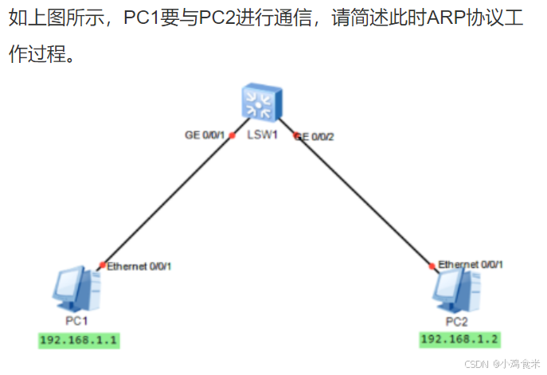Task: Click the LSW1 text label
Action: [x=262, y=135]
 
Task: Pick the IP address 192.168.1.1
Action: [x=80, y=340]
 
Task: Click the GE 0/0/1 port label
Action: [x=205, y=135]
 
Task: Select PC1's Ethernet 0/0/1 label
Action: [x=139, y=266]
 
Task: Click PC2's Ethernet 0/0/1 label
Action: [x=471, y=264]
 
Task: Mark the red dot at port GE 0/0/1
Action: [x=232, y=135]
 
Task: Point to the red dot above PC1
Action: [x=103, y=265]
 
